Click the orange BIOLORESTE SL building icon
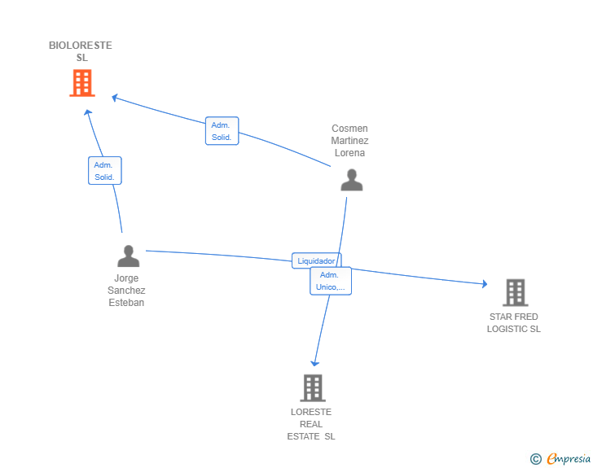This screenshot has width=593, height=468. pyautogui.click(x=81, y=83)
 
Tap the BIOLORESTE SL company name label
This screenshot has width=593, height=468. pyautogui.click(x=81, y=51)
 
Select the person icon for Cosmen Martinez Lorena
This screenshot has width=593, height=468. pyautogui.click(x=351, y=180)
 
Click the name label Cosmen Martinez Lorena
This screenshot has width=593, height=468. pyautogui.click(x=349, y=141)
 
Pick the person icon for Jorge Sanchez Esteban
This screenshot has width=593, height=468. pyautogui.click(x=128, y=256)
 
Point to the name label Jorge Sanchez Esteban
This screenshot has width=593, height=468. pyautogui.click(x=126, y=291)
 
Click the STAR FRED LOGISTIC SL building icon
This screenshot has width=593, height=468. pyautogui.click(x=515, y=292)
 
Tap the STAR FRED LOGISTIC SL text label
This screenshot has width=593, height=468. pyautogui.click(x=514, y=323)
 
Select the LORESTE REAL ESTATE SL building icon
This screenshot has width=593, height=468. pyautogui.click(x=313, y=388)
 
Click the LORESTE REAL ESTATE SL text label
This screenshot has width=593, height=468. pyautogui.click(x=311, y=424)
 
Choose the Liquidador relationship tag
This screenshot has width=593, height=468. pyautogui.click(x=316, y=261)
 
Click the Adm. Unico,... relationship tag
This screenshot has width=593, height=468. pyautogui.click(x=331, y=281)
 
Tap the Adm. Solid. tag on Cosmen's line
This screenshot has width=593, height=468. pyautogui.click(x=222, y=131)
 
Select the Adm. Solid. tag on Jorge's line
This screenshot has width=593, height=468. pyautogui.click(x=104, y=171)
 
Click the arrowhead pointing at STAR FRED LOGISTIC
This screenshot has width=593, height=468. pyautogui.click(x=484, y=283)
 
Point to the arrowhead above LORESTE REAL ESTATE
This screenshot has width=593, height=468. pyautogui.click(x=314, y=365)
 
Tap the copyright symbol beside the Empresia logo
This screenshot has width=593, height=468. pyautogui.click(x=536, y=460)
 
